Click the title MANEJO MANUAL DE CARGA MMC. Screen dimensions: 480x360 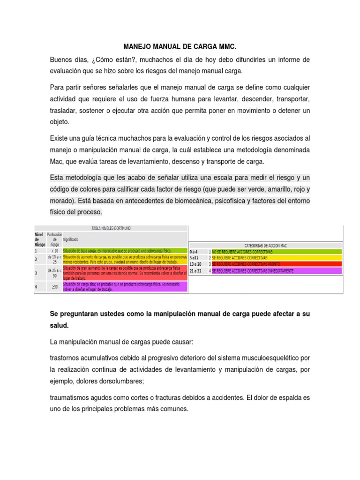tap(180, 47)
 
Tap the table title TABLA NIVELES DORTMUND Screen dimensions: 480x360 tap(111, 228)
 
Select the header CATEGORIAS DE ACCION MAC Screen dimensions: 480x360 tap(266, 245)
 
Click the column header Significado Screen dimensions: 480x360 tap(71, 239)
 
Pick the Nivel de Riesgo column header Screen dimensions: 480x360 tap(40, 238)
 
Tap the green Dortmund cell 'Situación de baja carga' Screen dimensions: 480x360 tap(117, 250)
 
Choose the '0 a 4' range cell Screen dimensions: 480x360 tap(194, 252)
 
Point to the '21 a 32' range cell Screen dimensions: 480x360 tap(195, 271)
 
